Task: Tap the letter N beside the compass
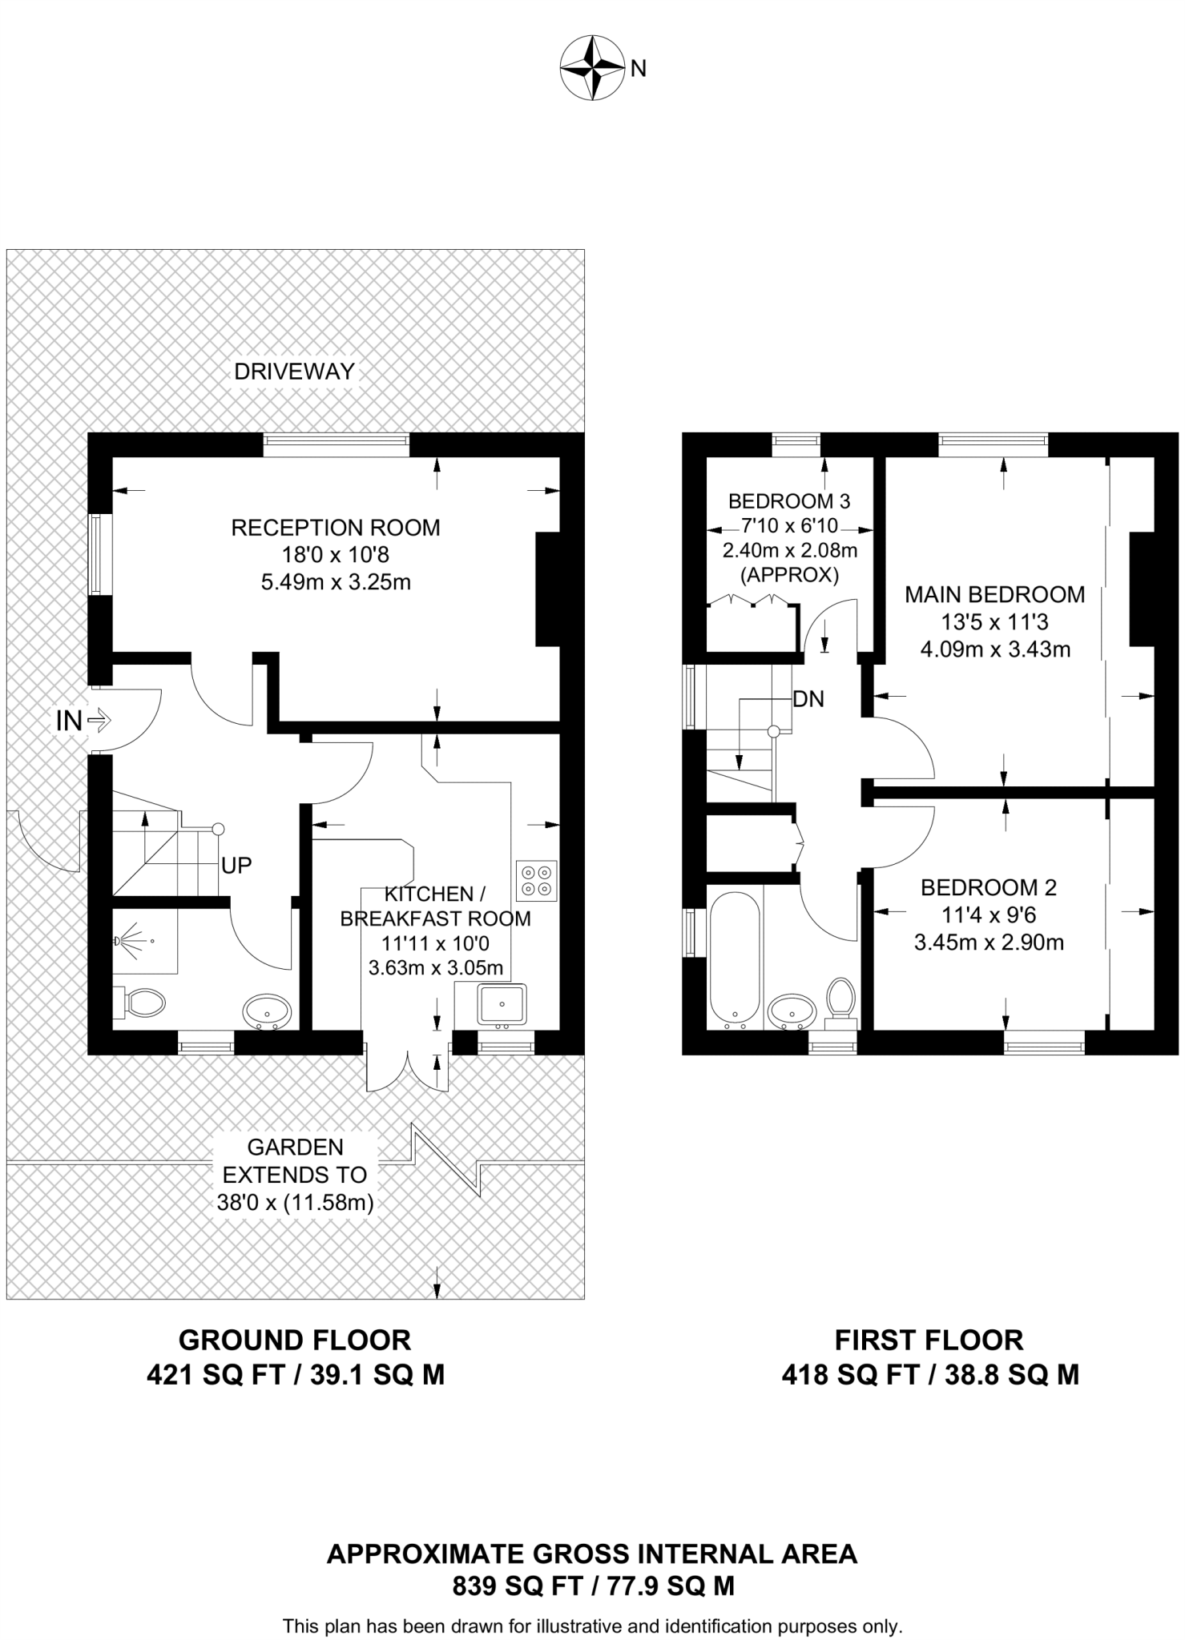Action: [x=639, y=70]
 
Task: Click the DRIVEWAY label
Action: [x=294, y=372]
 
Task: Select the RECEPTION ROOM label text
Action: [x=336, y=528]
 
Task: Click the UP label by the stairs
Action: [x=236, y=866]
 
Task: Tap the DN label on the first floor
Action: [x=808, y=699]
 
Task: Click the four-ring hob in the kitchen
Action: [x=536, y=880]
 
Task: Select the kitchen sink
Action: [x=501, y=1004]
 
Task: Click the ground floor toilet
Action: [x=143, y=1002]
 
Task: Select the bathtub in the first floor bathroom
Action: [x=734, y=961]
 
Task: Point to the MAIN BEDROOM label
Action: [x=994, y=595]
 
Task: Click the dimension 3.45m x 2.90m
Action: [x=989, y=943]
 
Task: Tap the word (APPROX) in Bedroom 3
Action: [x=789, y=575]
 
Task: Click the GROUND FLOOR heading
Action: [x=294, y=1340]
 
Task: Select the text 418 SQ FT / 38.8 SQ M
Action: [x=929, y=1375]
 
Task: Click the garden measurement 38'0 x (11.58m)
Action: [x=295, y=1202]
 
